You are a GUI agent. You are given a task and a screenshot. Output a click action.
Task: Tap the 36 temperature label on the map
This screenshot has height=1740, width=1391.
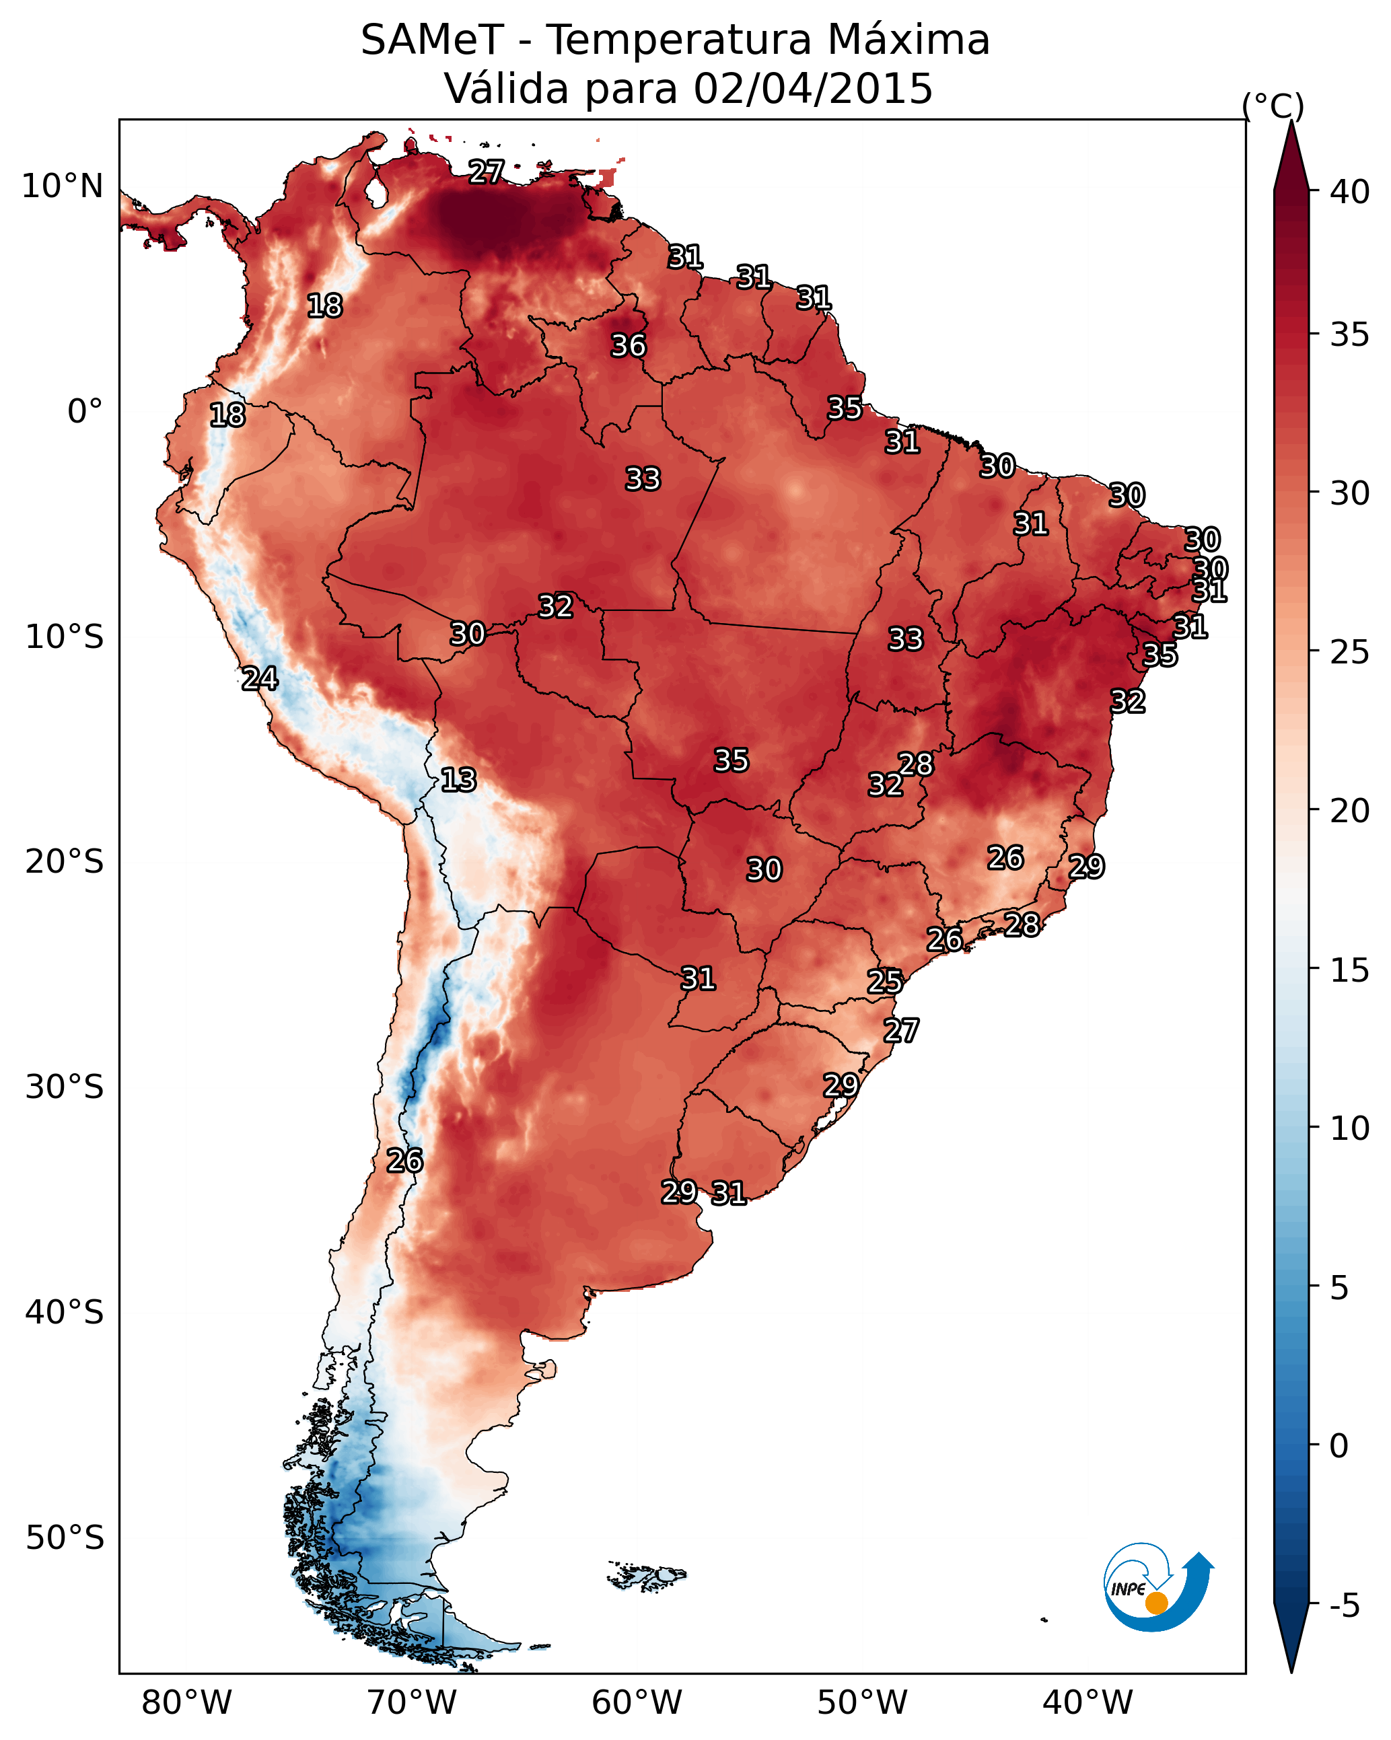pyautogui.click(x=628, y=345)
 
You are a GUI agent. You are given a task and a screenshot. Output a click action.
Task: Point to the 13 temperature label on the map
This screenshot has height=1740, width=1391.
pyautogui.click(x=458, y=780)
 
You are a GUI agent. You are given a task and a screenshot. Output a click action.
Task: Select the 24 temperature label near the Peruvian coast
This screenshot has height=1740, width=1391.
pyautogui.click(x=260, y=679)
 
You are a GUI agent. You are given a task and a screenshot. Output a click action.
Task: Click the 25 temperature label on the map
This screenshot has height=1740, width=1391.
pyautogui.click(x=885, y=982)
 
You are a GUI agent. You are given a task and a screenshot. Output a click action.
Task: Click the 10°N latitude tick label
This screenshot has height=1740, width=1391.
pyautogui.click(x=62, y=186)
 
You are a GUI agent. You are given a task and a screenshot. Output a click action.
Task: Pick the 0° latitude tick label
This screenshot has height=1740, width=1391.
pyautogui.click(x=85, y=412)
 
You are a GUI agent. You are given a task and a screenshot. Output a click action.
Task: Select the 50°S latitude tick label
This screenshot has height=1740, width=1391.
pyautogui.click(x=65, y=1537)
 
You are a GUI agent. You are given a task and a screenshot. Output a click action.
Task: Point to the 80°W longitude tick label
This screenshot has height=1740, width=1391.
pyautogui.click(x=186, y=1702)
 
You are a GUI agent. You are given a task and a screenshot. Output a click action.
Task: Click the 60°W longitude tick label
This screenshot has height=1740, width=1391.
pyautogui.click(x=637, y=1702)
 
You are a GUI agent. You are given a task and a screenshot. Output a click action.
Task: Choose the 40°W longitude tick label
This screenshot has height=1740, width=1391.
pyautogui.click(x=1087, y=1702)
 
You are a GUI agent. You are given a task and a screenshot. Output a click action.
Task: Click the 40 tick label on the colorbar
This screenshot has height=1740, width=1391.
pyautogui.click(x=1350, y=192)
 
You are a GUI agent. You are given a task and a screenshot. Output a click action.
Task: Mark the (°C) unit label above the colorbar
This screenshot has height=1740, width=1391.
pyautogui.click(x=1273, y=106)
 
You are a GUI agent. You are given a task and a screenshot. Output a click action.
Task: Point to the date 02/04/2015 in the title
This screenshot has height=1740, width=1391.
pyautogui.click(x=813, y=88)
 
